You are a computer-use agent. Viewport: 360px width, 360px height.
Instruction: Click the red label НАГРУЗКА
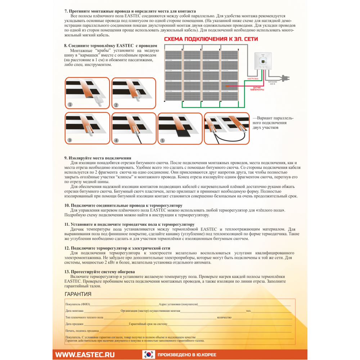coord(253,78)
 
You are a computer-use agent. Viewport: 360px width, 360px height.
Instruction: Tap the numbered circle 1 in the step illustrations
coord(70,105)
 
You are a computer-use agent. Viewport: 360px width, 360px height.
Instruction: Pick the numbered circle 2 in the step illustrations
coord(116,105)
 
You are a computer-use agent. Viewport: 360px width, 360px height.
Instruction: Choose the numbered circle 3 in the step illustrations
coord(70,140)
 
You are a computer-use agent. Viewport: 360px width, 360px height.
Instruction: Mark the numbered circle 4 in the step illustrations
coord(116,140)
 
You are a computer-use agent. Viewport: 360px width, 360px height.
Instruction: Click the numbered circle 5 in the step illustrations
coord(162,140)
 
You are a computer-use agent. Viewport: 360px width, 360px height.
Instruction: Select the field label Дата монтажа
coord(75,311)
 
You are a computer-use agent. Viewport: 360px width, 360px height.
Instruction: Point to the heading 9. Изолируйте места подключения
coord(98,158)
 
